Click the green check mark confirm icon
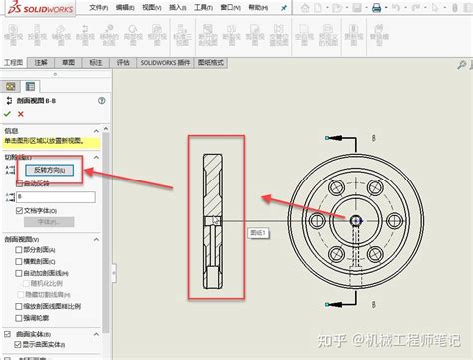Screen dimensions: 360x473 tap(8, 114)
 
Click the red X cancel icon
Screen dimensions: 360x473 tap(20, 114)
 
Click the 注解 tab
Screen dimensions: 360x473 tap(41, 61)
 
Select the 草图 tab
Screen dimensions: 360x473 tap(69, 61)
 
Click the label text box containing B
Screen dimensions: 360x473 tap(55, 197)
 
